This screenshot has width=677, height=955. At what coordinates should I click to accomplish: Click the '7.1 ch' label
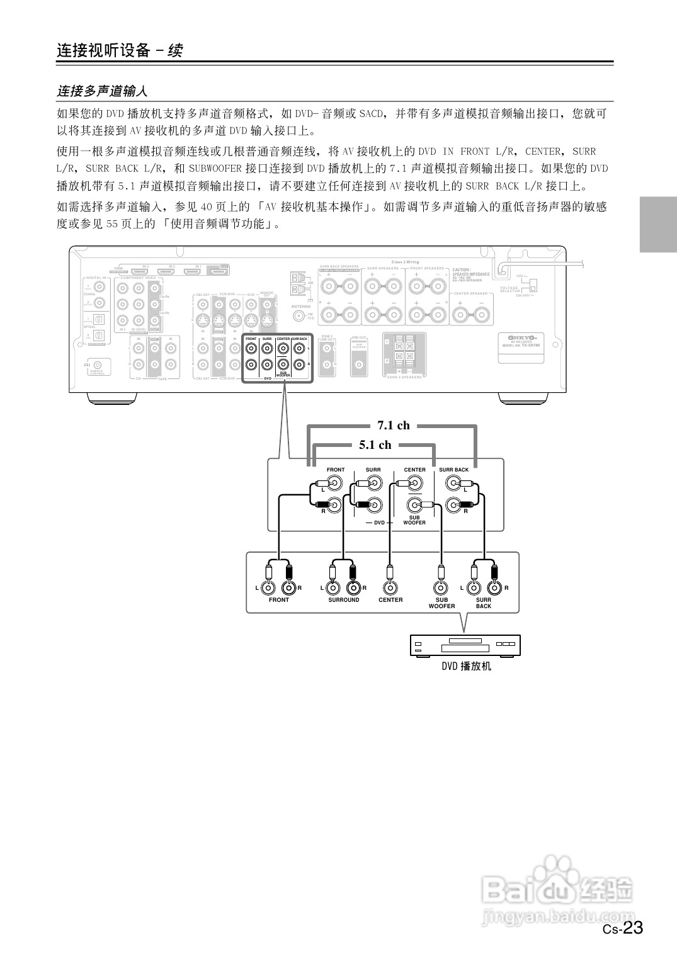(394, 426)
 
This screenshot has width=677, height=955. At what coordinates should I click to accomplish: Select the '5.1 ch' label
(375, 445)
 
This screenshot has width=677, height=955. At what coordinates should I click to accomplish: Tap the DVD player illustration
(465, 646)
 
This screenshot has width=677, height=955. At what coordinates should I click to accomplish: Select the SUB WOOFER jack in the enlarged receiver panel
(414, 505)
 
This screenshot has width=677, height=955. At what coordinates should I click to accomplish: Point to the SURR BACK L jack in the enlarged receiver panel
(453, 483)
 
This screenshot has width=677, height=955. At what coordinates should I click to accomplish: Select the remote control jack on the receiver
(100, 364)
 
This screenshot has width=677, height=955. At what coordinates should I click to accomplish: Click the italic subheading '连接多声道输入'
(102, 91)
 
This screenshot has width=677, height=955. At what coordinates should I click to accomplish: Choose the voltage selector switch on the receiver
(532, 285)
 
